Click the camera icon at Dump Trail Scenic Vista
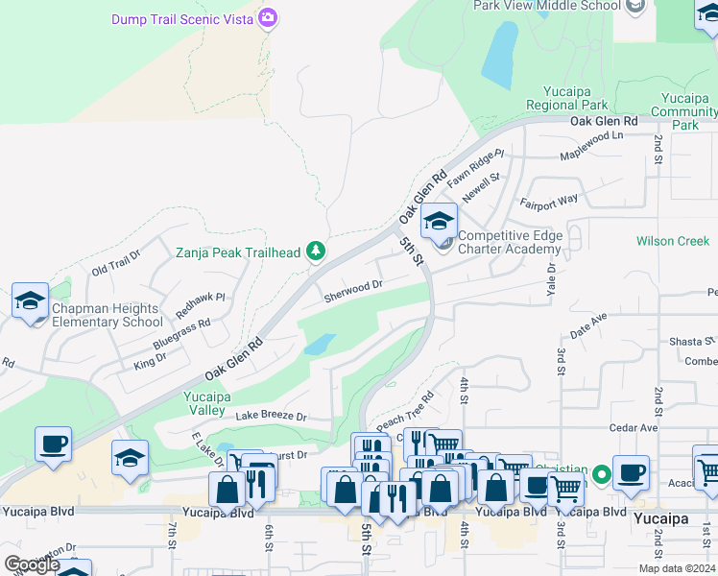tap(268, 17)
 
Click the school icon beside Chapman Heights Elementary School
tap(30, 300)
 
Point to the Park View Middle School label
tap(547, 6)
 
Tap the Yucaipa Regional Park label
tap(566, 98)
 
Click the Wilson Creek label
tap(672, 241)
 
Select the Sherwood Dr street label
tap(353, 286)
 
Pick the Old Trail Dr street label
tap(116, 264)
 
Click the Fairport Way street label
tap(549, 201)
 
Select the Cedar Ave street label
tap(633, 427)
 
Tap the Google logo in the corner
tap(32, 564)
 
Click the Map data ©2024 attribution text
tap(678, 568)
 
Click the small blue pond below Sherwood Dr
tap(320, 344)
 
